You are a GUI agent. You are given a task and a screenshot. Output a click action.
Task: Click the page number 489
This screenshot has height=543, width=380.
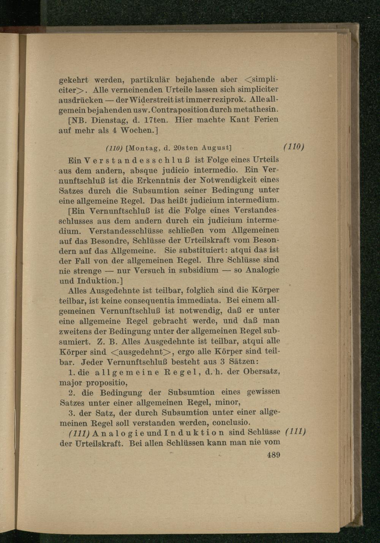pyautogui.click(x=273, y=455)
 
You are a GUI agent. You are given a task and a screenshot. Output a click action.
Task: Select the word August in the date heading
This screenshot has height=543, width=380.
pyautogui.click(x=215, y=147)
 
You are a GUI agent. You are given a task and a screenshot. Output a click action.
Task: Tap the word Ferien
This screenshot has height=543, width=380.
pyautogui.click(x=266, y=120)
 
